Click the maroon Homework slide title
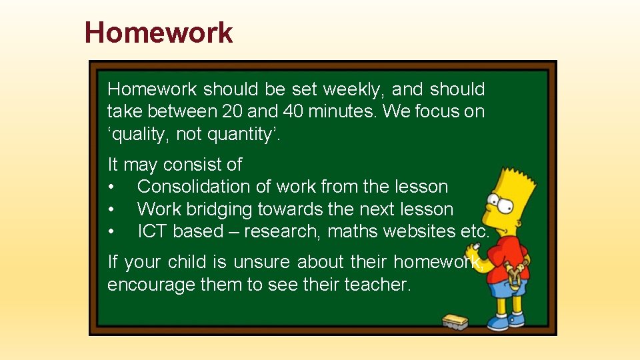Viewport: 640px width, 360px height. [x=159, y=32]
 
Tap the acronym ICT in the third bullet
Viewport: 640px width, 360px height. [x=153, y=231]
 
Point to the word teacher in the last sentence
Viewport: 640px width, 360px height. [x=376, y=285]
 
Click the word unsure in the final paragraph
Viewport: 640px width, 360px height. [x=259, y=262]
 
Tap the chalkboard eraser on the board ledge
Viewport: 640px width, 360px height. [x=455, y=322]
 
